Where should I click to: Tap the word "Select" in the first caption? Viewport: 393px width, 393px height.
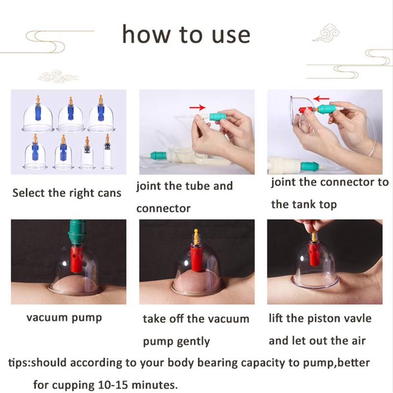pyautogui.click(x=29, y=193)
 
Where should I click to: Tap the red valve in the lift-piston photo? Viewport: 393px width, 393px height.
pyautogui.click(x=314, y=254)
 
